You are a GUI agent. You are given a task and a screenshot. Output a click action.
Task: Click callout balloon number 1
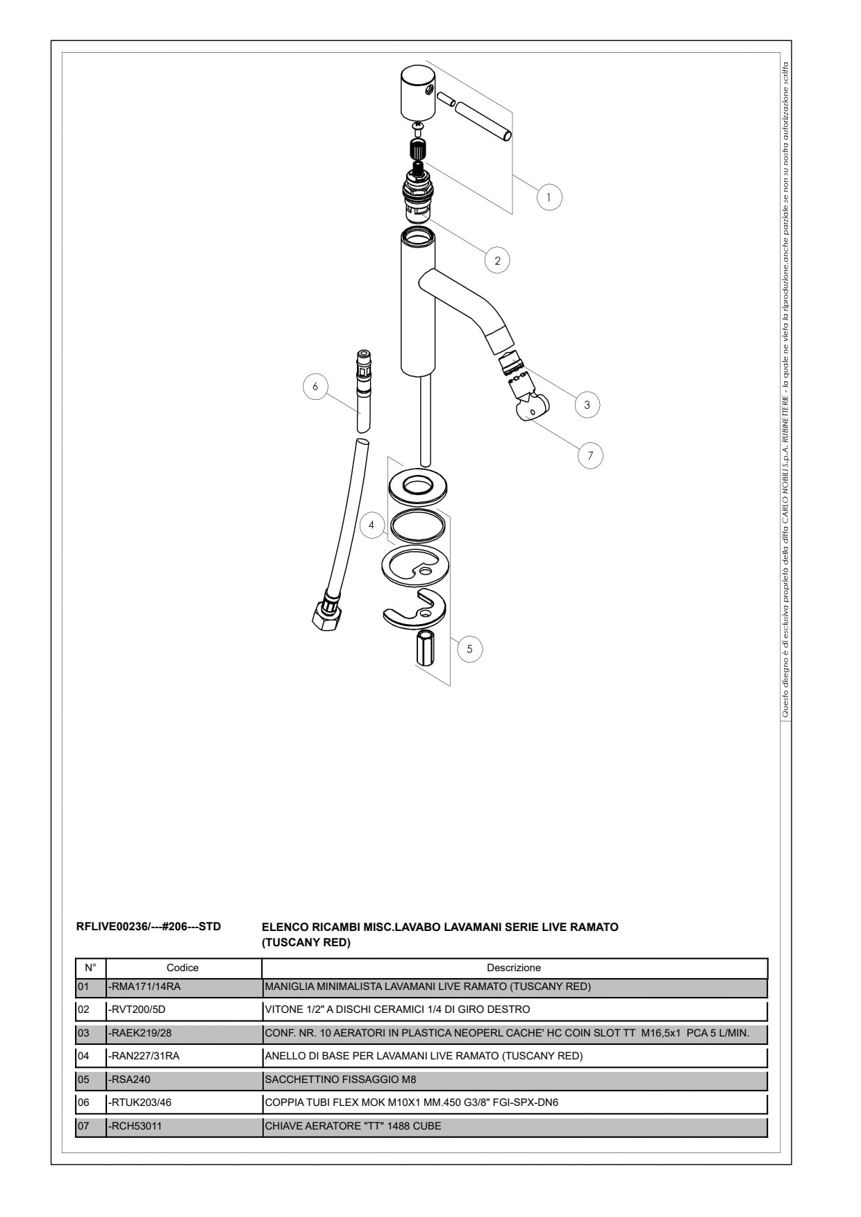tap(549, 197)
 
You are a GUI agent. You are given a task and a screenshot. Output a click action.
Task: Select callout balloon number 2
tap(497, 261)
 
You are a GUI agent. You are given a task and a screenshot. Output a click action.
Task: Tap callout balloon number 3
tap(587, 405)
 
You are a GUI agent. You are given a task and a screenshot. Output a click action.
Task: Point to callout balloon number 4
tap(372, 525)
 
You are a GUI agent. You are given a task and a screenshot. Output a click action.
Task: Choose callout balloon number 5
tap(470, 649)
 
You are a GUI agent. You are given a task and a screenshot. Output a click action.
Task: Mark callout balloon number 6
tap(315, 386)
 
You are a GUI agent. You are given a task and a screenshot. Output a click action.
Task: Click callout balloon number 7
tap(591, 455)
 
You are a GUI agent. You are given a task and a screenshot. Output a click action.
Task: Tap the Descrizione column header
tap(514, 968)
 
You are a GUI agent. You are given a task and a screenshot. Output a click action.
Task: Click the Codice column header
tap(183, 968)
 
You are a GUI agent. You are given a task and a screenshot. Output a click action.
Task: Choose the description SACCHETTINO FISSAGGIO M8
tap(340, 1080)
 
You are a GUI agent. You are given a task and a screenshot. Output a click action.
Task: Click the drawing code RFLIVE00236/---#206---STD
tap(149, 926)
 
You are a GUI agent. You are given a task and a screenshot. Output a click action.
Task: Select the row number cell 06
tap(83, 1102)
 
